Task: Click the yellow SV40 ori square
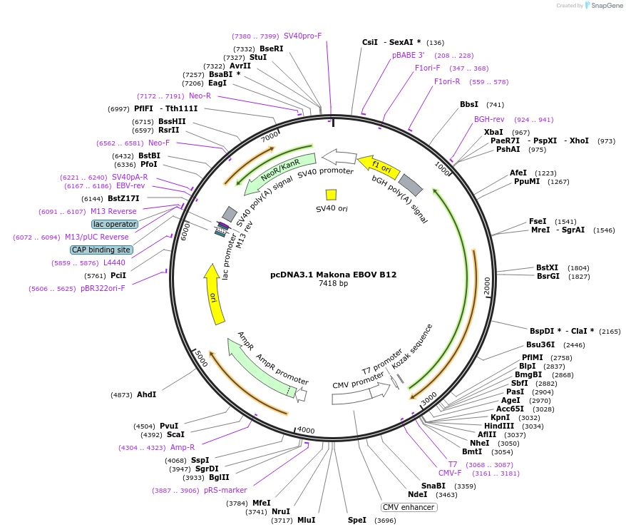(331, 195)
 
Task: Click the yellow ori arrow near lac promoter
(214, 294)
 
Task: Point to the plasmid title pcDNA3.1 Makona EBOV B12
(334, 275)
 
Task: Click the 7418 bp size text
(334, 284)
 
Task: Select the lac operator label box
(115, 224)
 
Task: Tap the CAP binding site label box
(101, 250)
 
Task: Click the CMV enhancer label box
(409, 507)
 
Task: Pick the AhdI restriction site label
(147, 394)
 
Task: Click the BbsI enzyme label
(469, 104)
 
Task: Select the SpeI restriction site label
(357, 520)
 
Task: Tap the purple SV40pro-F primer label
(302, 36)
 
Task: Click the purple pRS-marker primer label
(225, 490)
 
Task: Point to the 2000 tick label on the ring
(487, 286)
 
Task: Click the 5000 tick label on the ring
(201, 358)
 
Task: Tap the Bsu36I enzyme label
(540, 344)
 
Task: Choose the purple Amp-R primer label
(183, 447)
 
